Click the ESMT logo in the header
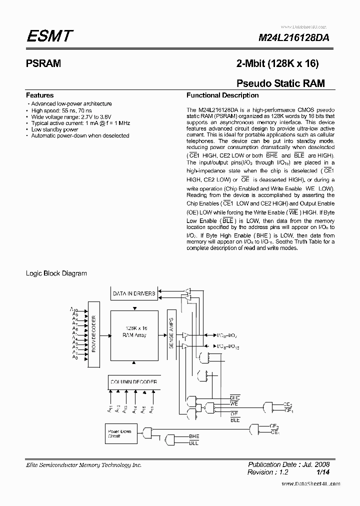pyautogui.click(x=50, y=36)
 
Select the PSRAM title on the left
pyautogui.click(x=43, y=63)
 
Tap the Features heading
pyautogui.click(x=39, y=95)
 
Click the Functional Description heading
pyautogui.click(x=222, y=95)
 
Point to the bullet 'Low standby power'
pyautogui.click(x=54, y=129)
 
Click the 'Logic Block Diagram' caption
pyautogui.click(x=56, y=273)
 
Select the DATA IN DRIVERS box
pyautogui.click(x=134, y=293)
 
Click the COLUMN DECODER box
pyautogui.click(x=134, y=382)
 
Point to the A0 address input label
pyautogui.click(x=74, y=357)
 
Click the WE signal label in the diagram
pyautogui.click(x=234, y=402)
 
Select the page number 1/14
pyautogui.click(x=322, y=472)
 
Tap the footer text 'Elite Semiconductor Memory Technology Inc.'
pyautogui.click(x=83, y=465)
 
